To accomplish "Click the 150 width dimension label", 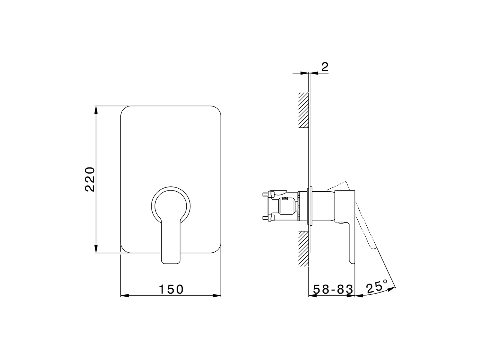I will tap(171, 289).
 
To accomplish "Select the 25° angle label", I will tap(376, 287).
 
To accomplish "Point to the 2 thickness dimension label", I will tap(325, 67).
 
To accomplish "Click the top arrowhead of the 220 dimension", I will tap(96, 110).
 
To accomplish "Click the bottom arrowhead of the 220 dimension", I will tap(96, 249).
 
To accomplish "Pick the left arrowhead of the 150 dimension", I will tap(124, 295).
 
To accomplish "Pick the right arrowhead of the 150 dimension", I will tap(217, 295).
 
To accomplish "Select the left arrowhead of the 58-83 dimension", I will tap(312, 295).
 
